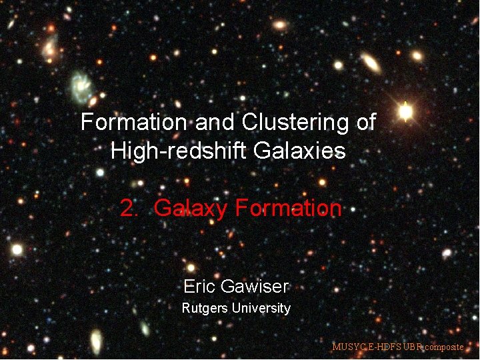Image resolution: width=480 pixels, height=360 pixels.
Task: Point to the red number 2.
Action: click(x=128, y=209)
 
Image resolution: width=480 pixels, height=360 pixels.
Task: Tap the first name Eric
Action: click(x=199, y=287)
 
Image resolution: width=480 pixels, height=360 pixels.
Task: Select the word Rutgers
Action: click(x=206, y=309)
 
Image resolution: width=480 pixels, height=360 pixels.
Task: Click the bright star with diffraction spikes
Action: click(x=405, y=111)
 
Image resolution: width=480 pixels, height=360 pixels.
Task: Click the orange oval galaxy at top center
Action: click(x=279, y=25)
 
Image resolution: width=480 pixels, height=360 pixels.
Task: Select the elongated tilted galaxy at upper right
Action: click(x=371, y=63)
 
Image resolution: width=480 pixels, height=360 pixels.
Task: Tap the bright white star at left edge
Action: click(x=17, y=250)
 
